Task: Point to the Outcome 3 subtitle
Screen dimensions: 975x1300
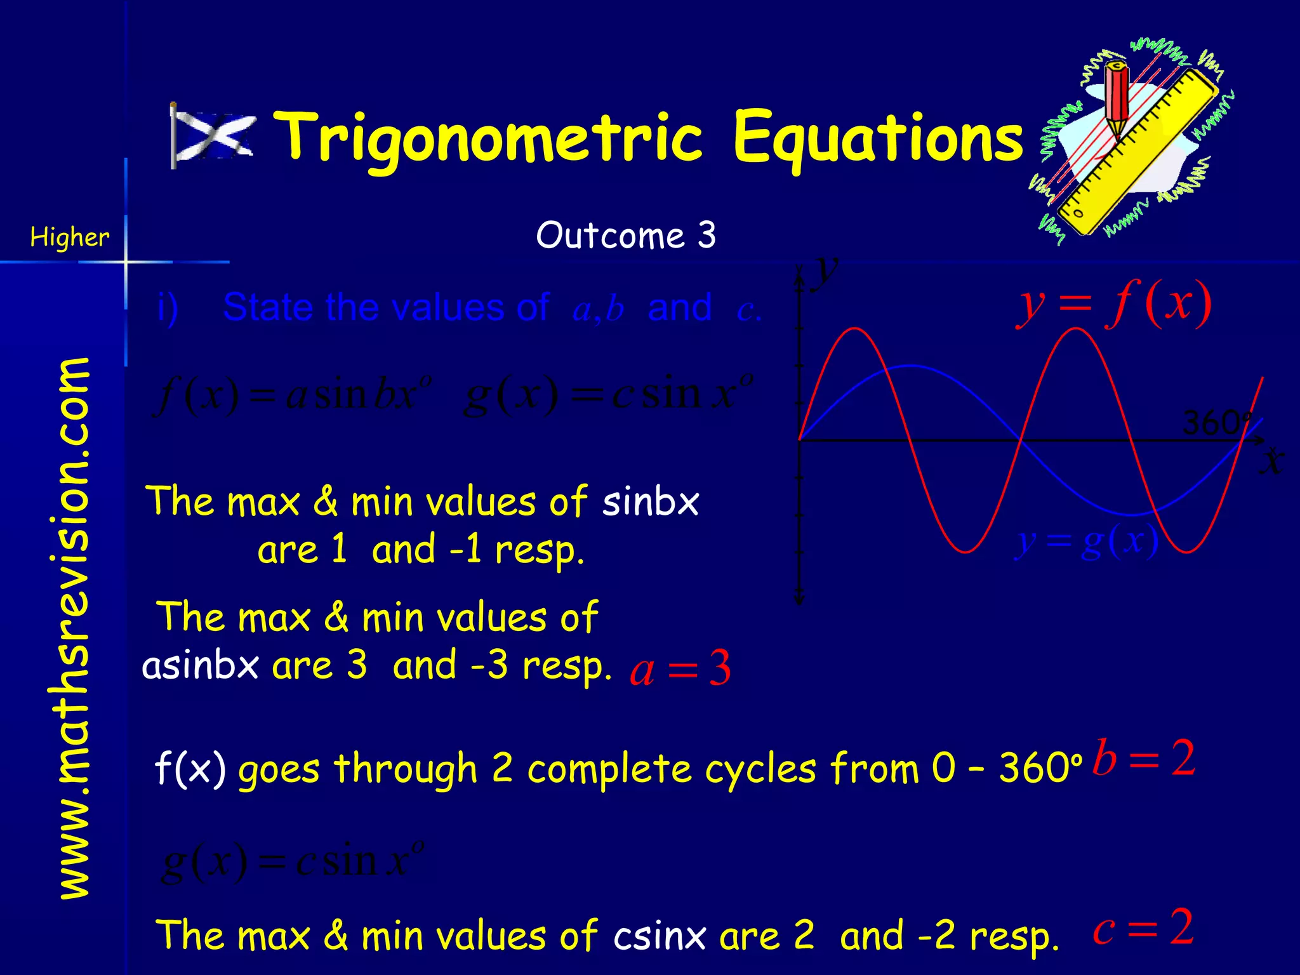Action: click(626, 235)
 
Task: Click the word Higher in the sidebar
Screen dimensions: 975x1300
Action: click(70, 237)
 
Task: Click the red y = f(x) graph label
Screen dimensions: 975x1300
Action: click(1114, 305)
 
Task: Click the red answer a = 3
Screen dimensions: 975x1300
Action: click(680, 668)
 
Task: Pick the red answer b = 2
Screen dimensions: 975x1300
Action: click(1144, 758)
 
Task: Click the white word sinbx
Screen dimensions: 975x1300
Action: click(650, 502)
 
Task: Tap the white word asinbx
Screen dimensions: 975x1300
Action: click(201, 666)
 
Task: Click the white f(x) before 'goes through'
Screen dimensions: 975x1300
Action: click(190, 769)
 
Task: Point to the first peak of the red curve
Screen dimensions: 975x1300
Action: click(855, 328)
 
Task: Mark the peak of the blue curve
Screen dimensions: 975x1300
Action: click(910, 366)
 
